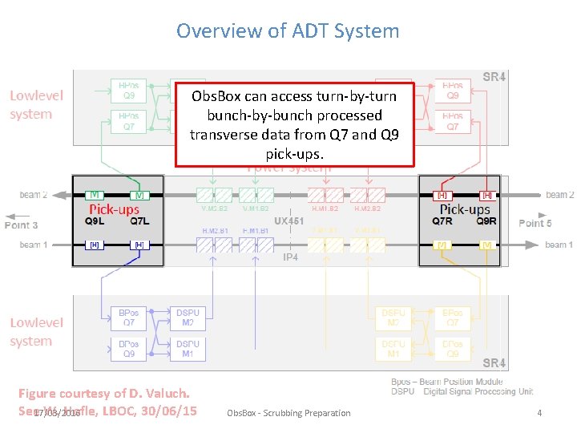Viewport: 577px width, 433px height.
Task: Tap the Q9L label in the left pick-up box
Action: (95, 221)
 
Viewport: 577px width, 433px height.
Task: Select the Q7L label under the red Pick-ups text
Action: (139, 221)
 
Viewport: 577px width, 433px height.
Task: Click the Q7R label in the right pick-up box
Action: (442, 221)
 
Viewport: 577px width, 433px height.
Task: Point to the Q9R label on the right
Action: (486, 221)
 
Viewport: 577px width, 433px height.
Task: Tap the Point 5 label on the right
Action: (535, 223)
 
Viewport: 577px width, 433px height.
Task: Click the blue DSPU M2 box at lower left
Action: (188, 318)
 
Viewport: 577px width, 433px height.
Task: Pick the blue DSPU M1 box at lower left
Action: (188, 349)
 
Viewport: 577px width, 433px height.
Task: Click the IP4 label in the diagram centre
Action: (290, 257)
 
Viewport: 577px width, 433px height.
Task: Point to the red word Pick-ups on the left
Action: (114, 209)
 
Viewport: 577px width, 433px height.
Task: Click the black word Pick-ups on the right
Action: (464, 209)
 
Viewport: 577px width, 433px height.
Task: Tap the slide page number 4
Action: (539, 413)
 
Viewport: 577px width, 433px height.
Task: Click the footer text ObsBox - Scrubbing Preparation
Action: (288, 413)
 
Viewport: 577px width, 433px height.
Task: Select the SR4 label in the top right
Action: (494, 78)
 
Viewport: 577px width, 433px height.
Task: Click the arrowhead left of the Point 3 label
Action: (6, 216)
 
